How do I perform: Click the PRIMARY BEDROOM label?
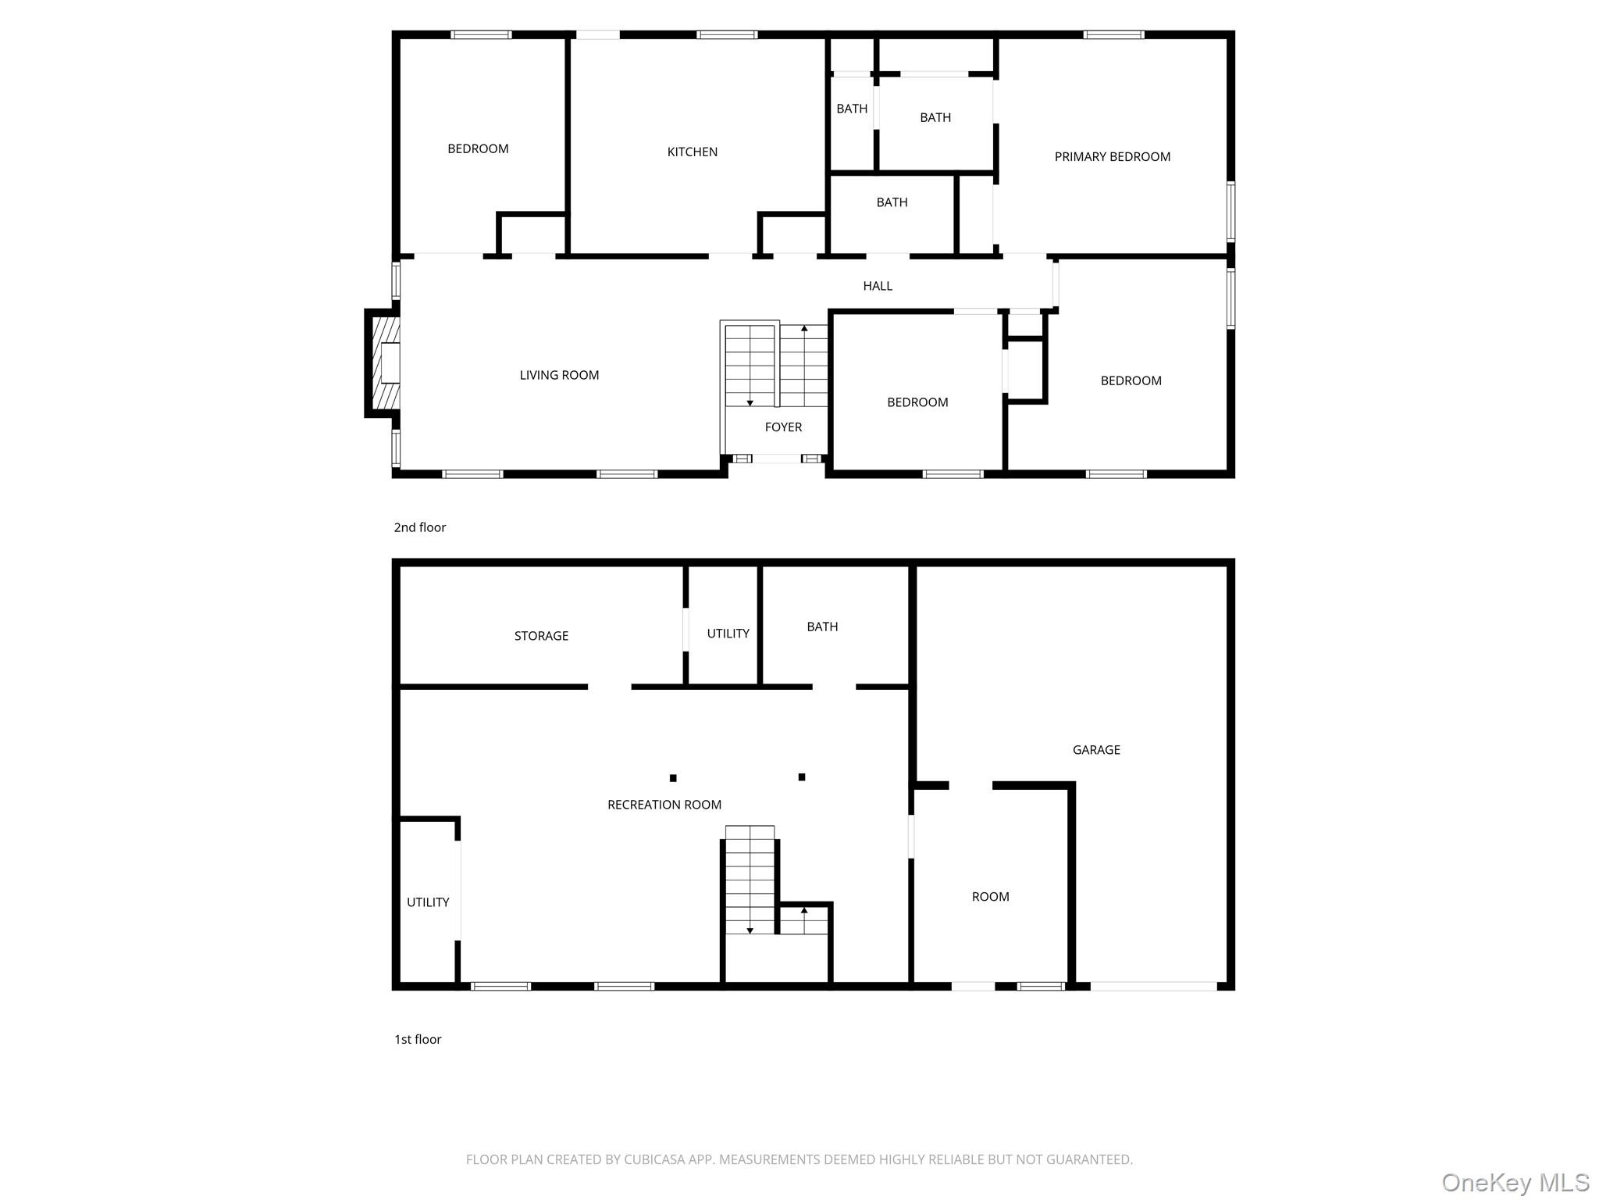[1112, 157]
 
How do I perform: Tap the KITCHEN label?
[692, 152]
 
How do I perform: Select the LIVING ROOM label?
[559, 375]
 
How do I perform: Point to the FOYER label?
[783, 427]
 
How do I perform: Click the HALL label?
[878, 286]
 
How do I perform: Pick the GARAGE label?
[1096, 750]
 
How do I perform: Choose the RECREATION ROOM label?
[664, 805]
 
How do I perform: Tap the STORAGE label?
[541, 636]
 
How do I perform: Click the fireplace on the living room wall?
[383, 363]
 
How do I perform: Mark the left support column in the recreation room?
[673, 778]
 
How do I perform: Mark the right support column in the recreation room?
[802, 777]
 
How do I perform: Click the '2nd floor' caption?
[420, 527]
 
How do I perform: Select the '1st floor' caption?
[418, 1039]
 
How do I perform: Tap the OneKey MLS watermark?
[1515, 1182]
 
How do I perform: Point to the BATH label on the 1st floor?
[822, 627]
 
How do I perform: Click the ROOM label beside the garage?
[990, 897]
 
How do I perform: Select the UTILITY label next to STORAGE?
[728, 634]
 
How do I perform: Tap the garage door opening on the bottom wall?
[1153, 986]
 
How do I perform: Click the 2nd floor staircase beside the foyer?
[776, 364]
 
